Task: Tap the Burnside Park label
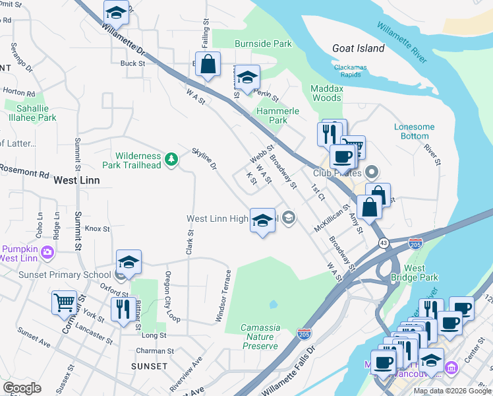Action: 263,44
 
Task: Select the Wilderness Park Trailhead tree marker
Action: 171,158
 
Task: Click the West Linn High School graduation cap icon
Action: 262,220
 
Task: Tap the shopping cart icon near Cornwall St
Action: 65,303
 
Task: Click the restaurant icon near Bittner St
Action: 123,308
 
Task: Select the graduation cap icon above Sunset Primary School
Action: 129,262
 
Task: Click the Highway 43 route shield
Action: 383,243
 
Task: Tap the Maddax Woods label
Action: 326,93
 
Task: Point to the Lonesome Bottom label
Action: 414,131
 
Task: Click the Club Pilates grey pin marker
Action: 372,173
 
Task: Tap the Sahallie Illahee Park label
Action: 30,113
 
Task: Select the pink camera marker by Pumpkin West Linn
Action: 47,251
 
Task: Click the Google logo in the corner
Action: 22,388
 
